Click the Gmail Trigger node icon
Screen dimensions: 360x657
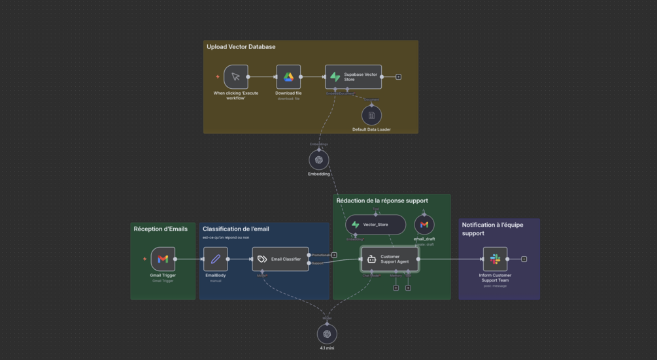163,259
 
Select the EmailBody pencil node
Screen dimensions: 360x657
216,259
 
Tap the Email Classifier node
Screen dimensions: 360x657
280,259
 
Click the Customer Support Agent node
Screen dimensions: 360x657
390,259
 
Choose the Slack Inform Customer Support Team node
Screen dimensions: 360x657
495,259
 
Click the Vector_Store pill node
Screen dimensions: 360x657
375,225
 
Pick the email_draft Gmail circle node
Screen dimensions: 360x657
424,225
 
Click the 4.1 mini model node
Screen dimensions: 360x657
327,334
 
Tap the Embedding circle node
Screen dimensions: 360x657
319,159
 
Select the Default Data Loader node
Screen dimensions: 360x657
371,116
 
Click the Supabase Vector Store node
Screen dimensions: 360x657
353,77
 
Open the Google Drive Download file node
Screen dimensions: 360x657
288,77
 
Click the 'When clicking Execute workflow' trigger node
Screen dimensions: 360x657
235,77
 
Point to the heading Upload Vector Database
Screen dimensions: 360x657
241,47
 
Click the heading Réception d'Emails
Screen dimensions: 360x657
161,229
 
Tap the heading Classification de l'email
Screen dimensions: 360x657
235,229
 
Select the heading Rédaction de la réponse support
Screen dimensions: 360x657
382,201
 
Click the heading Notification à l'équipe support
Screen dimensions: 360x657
492,229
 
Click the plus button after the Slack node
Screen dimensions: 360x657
524,259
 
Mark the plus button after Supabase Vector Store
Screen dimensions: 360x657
399,77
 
